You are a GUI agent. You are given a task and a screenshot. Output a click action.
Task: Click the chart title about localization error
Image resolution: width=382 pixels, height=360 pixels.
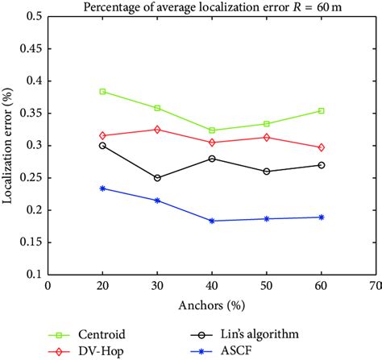click(x=214, y=7)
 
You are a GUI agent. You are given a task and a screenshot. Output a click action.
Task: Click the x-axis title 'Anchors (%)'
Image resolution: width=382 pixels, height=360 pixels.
click(x=212, y=306)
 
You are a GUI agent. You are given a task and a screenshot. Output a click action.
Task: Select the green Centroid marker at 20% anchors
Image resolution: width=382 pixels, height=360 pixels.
click(x=102, y=92)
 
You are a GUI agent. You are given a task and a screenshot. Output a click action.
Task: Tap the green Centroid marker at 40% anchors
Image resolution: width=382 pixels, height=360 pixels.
click(x=212, y=130)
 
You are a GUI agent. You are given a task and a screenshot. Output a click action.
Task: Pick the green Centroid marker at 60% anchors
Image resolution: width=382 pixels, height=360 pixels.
click(x=322, y=111)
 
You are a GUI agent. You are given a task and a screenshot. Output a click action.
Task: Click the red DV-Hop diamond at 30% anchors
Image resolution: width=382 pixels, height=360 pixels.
click(x=157, y=130)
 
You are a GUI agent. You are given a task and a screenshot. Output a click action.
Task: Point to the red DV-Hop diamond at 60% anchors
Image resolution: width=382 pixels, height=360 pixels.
click(x=322, y=147)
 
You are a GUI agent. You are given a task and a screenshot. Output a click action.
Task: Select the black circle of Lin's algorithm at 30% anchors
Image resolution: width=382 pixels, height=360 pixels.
click(x=157, y=178)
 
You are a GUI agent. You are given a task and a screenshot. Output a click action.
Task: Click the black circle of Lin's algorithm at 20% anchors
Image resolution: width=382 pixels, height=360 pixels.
click(x=102, y=146)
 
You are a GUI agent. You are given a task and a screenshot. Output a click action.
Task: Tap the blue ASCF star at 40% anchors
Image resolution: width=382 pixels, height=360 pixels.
click(x=212, y=221)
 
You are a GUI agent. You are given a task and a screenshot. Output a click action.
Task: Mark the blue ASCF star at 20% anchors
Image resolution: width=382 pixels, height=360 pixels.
click(x=102, y=188)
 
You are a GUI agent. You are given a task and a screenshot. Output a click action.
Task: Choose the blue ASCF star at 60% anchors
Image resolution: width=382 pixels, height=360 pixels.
click(x=322, y=217)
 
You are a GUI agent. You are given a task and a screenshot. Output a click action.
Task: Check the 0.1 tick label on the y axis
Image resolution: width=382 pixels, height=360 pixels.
click(x=34, y=275)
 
